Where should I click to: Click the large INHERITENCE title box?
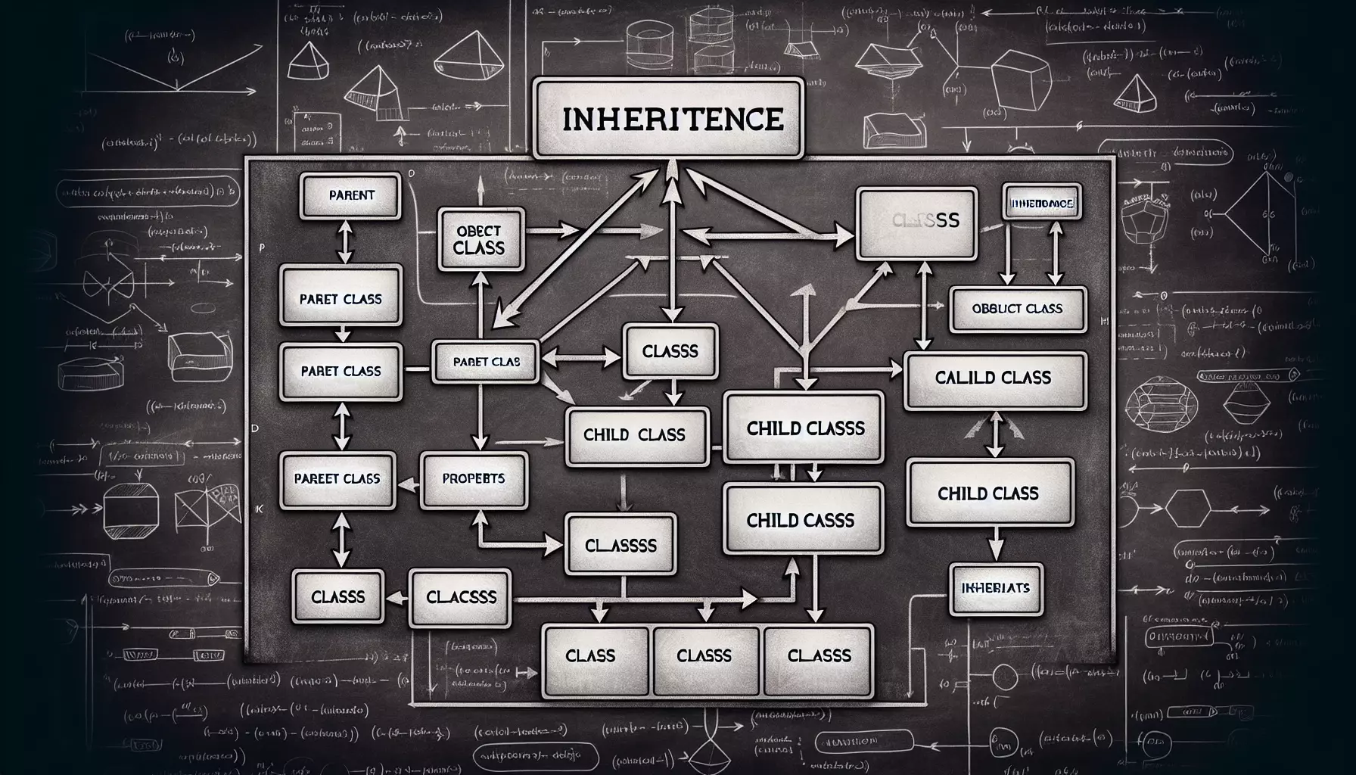[x=668, y=119]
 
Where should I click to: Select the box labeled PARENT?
[x=351, y=195]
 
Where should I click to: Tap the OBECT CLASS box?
[x=481, y=239]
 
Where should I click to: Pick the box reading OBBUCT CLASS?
[x=1017, y=309]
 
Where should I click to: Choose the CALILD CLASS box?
[x=994, y=377]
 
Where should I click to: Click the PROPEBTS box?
[x=474, y=478]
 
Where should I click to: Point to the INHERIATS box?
[x=995, y=588]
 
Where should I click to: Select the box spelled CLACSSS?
[x=461, y=597]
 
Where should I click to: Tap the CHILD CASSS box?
[x=802, y=520]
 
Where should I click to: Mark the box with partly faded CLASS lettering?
[x=916, y=221]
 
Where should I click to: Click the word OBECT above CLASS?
[x=478, y=231]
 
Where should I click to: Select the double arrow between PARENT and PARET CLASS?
[x=345, y=241]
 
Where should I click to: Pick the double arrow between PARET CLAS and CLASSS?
[x=579, y=353]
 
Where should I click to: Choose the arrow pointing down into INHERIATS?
[x=996, y=543]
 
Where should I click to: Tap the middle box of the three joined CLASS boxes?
[x=704, y=656]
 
